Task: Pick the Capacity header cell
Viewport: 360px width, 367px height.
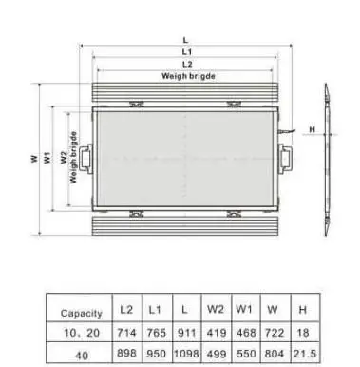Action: pyautogui.click(x=81, y=312)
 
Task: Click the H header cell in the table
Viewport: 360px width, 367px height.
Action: pyautogui.click(x=302, y=310)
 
